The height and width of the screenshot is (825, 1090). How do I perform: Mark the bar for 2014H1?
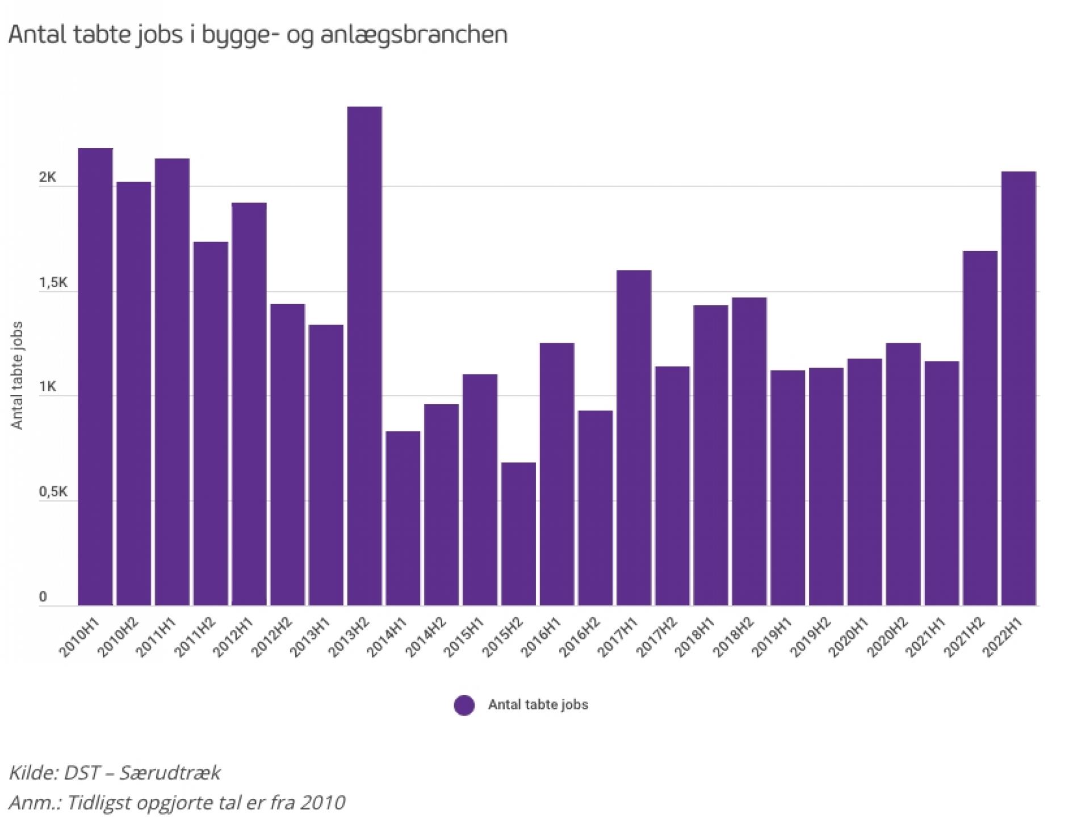[x=403, y=519]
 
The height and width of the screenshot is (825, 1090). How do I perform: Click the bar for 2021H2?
[x=980, y=428]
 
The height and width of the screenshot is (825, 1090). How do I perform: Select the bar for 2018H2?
[x=749, y=452]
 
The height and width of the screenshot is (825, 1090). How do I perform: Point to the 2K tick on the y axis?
[x=48, y=178]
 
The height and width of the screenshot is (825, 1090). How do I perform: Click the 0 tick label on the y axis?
[x=43, y=597]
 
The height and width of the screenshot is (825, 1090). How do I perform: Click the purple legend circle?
[x=464, y=705]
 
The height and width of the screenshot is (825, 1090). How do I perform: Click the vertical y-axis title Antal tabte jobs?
[x=18, y=375]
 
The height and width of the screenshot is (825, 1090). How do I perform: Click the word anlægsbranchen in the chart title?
[x=414, y=35]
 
